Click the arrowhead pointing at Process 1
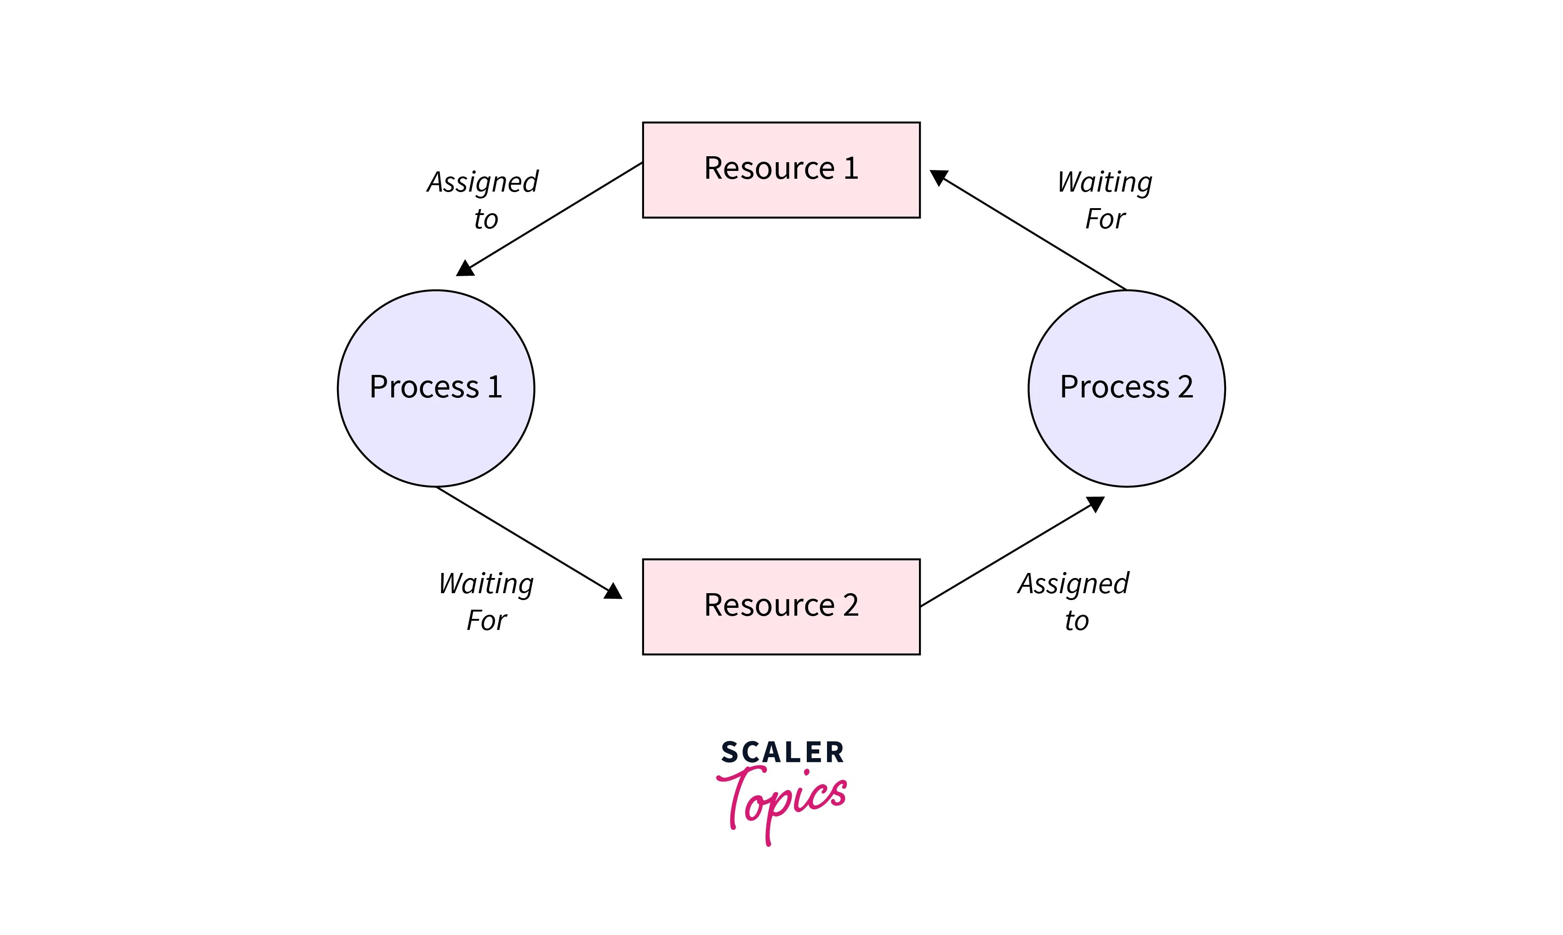[465, 269]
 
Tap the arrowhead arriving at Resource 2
[613, 592]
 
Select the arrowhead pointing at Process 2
[1096, 504]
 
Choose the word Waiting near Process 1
[486, 584]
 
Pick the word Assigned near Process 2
[1073, 584]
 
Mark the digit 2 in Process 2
[1185, 387]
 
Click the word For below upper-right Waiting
[1105, 219]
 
